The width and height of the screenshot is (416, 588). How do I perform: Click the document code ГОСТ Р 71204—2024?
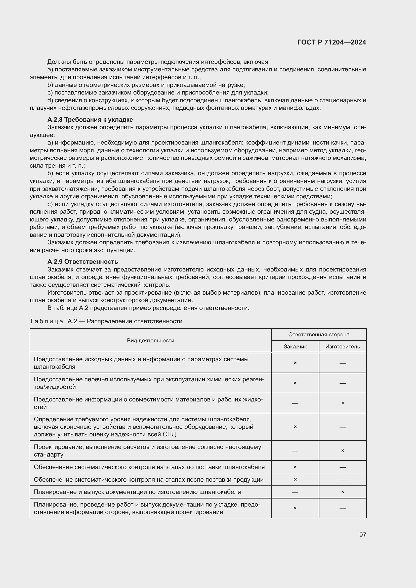click(331, 42)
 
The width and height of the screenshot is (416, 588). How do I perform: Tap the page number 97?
click(362, 535)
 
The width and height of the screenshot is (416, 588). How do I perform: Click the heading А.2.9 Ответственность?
click(82, 261)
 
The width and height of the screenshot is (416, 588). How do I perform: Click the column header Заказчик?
click(295, 347)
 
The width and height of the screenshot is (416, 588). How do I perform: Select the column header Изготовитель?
click(343, 347)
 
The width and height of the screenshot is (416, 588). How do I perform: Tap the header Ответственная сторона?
click(319, 334)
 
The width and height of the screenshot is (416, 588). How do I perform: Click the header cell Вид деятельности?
click(150, 341)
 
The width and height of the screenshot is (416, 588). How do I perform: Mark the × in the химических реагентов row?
click(295, 383)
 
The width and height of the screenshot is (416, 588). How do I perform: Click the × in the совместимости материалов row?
click(343, 403)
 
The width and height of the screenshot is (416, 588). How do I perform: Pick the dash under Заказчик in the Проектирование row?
click(295, 451)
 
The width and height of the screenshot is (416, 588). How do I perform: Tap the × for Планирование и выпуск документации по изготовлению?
click(343, 492)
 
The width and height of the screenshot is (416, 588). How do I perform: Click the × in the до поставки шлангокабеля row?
click(295, 467)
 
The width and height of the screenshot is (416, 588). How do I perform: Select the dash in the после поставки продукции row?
click(343, 480)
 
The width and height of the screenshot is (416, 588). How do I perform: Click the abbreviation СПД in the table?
click(169, 435)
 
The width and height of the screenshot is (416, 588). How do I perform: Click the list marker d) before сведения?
click(50, 100)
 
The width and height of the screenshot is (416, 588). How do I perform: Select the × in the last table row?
click(295, 508)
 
